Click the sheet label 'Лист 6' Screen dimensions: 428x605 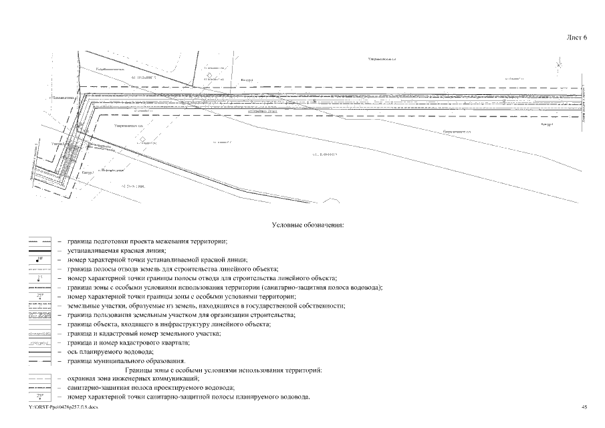click(x=576, y=38)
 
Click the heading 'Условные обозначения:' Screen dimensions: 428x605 click(x=307, y=225)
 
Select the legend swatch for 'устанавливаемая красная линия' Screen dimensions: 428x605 click(x=39, y=249)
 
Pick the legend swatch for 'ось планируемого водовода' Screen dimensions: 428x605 click(x=39, y=352)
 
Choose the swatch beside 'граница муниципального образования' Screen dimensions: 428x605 click(x=39, y=361)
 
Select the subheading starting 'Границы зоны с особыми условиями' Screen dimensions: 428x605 click(x=223, y=370)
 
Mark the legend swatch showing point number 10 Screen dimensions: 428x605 click(x=39, y=259)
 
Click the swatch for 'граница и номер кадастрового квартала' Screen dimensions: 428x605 click(x=39, y=342)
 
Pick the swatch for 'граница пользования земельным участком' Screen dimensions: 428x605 click(x=39, y=314)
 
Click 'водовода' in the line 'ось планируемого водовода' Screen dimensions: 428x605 click(x=138, y=352)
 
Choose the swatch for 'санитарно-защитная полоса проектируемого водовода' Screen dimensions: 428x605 click(x=39, y=388)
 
